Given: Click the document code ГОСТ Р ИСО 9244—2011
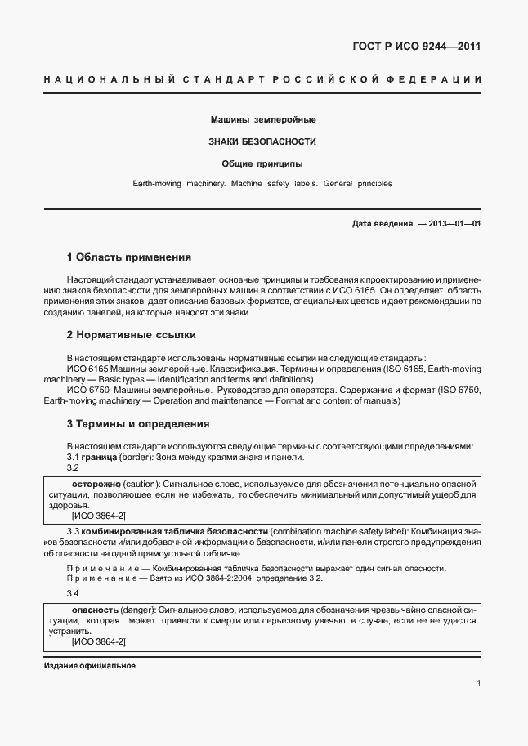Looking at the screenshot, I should pos(417,46).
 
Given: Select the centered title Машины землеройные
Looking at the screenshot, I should pos(263,120).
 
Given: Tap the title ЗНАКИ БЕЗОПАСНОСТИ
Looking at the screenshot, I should pos(263,141).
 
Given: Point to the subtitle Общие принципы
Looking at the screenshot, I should pos(263,163).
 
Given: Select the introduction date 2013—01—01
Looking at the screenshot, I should pos(450,224).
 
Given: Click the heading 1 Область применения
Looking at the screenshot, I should pos(128,257).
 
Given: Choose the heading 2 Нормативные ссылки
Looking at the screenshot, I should pos(131,335).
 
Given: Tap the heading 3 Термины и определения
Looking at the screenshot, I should pos(138,424).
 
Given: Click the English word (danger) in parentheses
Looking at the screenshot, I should pos(138,610).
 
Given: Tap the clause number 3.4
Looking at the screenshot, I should pos(72,594).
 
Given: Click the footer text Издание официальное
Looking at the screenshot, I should pos(89,666).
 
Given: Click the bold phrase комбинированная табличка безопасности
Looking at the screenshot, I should pos(174,531).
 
